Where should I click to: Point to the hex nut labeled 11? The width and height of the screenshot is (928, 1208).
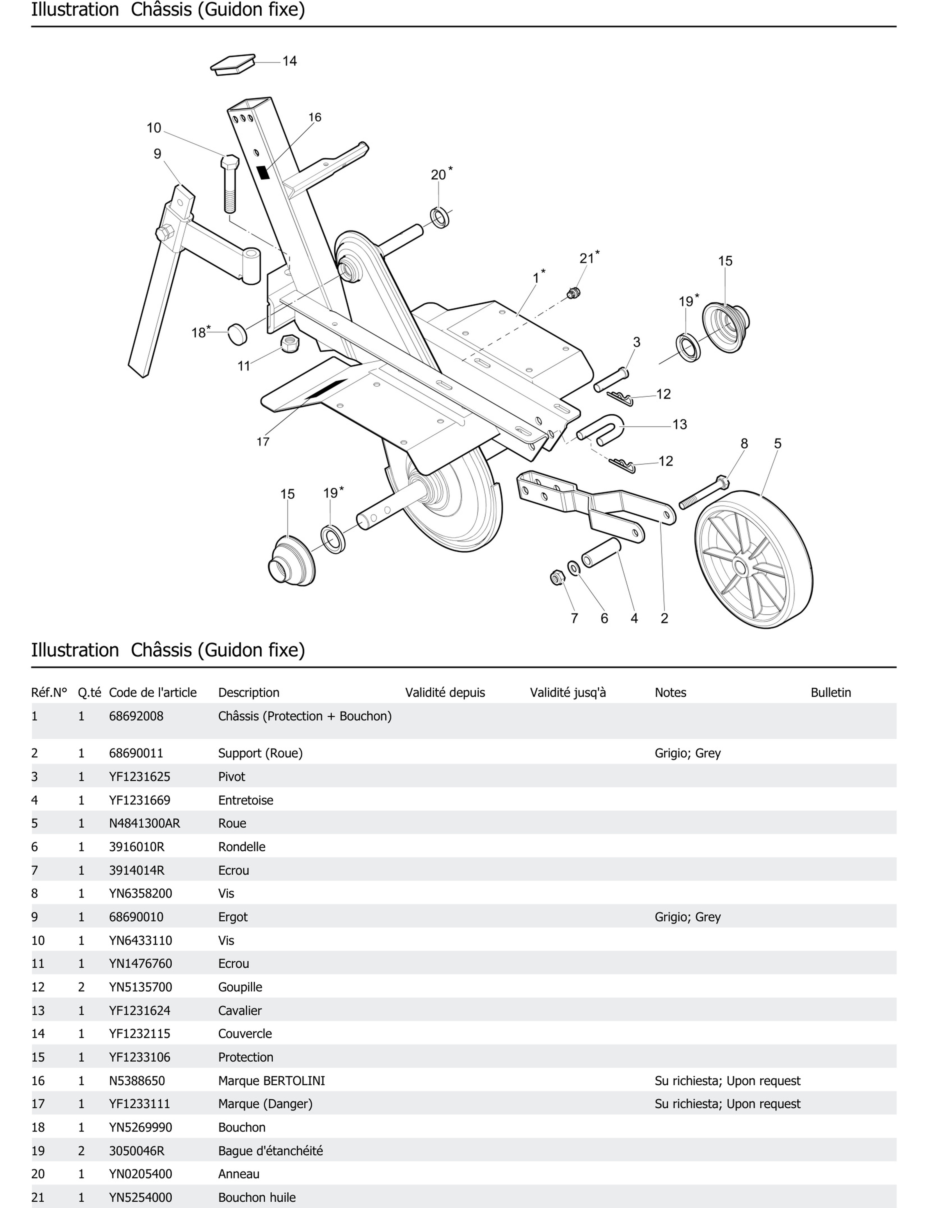(290, 343)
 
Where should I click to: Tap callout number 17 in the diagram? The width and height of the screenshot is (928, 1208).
(263, 442)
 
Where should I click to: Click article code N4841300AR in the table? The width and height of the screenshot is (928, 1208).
(144, 823)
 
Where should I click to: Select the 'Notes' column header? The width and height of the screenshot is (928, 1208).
(670, 692)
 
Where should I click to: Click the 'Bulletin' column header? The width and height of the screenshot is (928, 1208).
(830, 692)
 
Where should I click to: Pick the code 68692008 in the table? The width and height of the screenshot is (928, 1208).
(136, 716)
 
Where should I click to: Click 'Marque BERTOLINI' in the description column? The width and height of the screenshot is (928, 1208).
(271, 1080)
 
